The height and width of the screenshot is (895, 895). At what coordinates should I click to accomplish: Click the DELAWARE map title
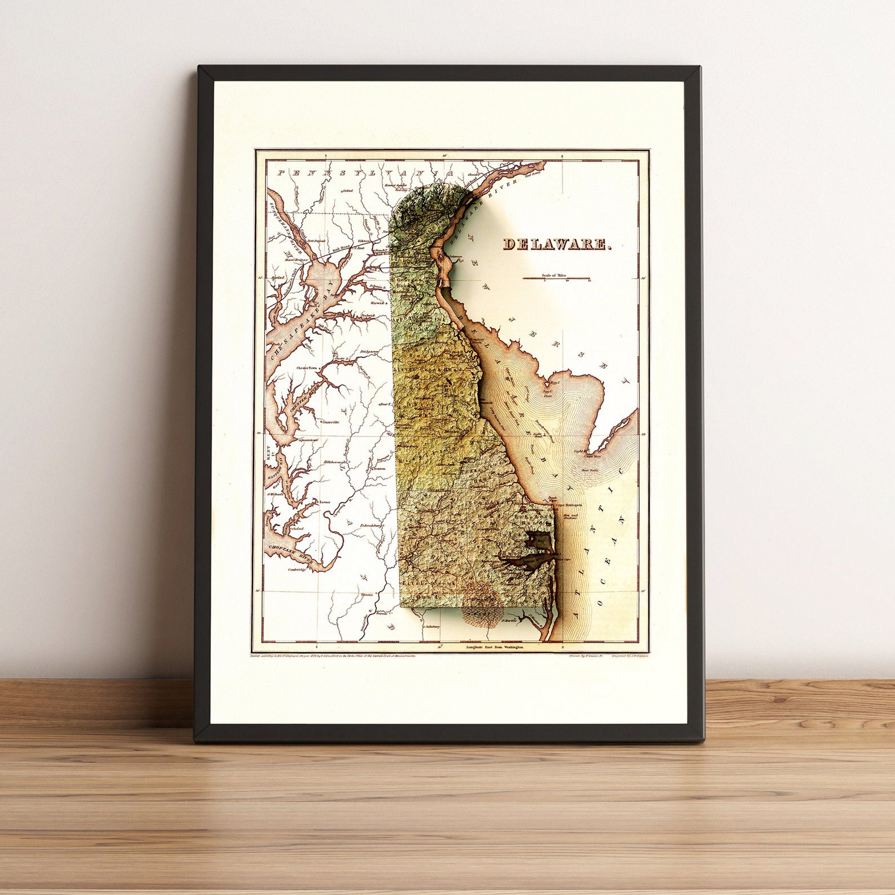click(x=558, y=244)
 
